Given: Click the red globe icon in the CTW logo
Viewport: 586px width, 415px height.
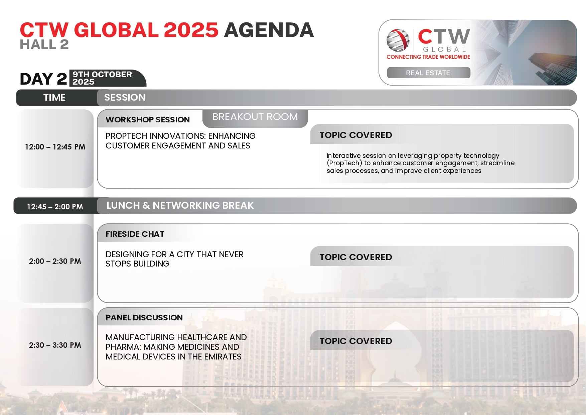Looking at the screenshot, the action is [x=398, y=40].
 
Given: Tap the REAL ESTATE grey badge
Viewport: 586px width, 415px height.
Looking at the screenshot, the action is [x=428, y=73].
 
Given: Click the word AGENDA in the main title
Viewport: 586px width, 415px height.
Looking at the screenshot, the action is [x=269, y=30].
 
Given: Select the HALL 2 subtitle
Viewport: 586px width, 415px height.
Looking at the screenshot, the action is [x=44, y=44].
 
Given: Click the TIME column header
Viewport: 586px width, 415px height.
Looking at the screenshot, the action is [x=54, y=97].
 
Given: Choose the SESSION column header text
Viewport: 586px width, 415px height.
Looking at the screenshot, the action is [x=125, y=97].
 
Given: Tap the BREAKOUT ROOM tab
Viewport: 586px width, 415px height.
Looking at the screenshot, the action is [x=255, y=117].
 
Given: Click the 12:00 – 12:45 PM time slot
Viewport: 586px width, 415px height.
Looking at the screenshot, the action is [x=55, y=147].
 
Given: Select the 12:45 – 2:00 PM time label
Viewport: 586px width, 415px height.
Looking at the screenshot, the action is [x=55, y=207].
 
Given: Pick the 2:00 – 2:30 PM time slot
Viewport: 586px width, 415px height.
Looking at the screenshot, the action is [x=55, y=261].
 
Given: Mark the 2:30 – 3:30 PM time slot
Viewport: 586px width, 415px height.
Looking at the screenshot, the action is [x=55, y=345].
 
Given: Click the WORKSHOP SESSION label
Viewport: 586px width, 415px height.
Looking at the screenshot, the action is [x=148, y=120].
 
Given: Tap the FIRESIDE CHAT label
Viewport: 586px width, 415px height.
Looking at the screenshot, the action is [x=135, y=234].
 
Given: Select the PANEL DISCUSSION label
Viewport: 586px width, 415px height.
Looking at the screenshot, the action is [x=144, y=318].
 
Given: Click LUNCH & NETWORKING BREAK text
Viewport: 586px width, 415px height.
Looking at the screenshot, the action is [x=180, y=205].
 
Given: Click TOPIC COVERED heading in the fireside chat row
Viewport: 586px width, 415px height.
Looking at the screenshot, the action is [x=356, y=257].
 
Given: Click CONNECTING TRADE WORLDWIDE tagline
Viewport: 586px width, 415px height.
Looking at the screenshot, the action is [x=428, y=57].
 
